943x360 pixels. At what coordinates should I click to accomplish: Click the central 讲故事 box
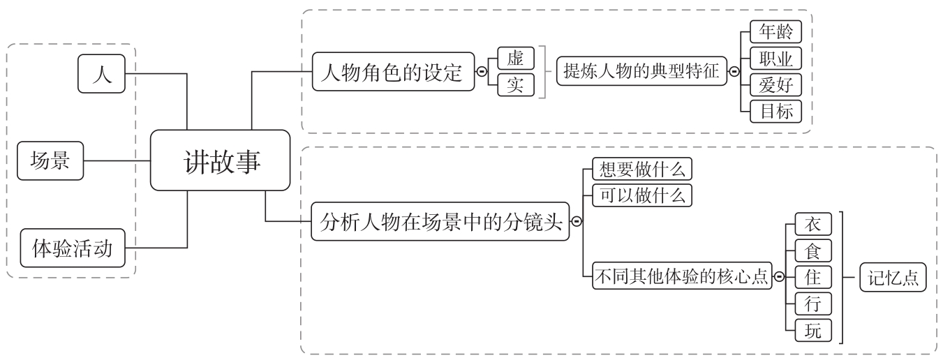coord(220,160)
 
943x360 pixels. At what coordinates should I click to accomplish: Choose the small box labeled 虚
coord(516,57)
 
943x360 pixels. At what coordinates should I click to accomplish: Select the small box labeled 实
coord(516,85)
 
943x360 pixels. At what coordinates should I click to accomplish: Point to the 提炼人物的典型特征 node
coord(641,70)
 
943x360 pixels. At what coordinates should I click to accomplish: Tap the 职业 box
coord(775,57)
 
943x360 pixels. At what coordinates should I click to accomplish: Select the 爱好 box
coord(775,84)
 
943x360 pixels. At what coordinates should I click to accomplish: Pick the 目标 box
coord(775,111)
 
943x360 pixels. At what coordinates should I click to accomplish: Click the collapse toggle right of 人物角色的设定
coord(481,70)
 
